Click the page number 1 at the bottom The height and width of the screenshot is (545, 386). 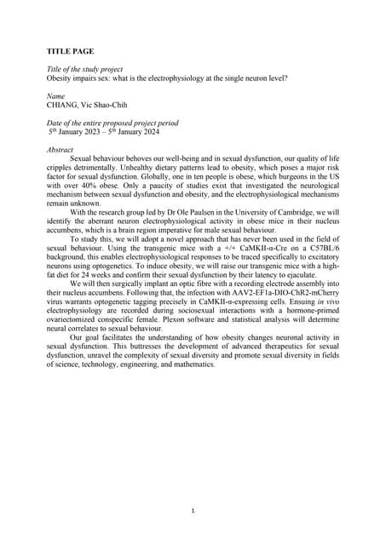pyautogui.click(x=193, y=510)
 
